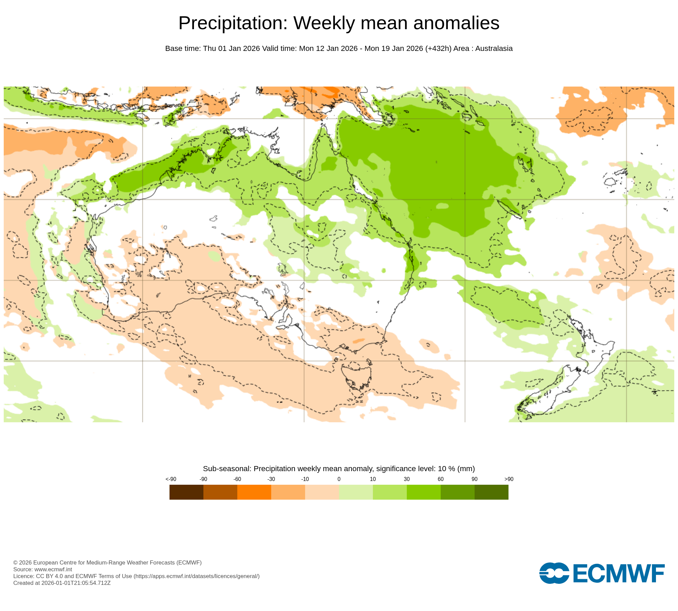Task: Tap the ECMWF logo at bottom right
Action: tap(602, 573)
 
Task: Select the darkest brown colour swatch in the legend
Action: tap(186, 492)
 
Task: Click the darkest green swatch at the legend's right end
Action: tap(491, 492)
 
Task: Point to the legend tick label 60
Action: tap(440, 479)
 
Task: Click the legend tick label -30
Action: tap(271, 479)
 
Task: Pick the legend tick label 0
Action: tap(339, 479)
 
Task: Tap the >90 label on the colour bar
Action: tap(509, 479)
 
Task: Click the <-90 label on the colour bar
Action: tap(171, 479)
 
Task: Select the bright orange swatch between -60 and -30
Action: tap(254, 492)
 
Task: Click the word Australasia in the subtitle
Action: tap(494, 49)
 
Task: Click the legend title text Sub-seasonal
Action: tap(227, 469)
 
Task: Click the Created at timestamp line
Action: tap(62, 583)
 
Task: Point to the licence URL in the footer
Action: tap(197, 576)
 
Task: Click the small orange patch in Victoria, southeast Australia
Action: tap(359, 340)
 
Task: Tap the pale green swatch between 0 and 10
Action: tap(356, 492)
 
